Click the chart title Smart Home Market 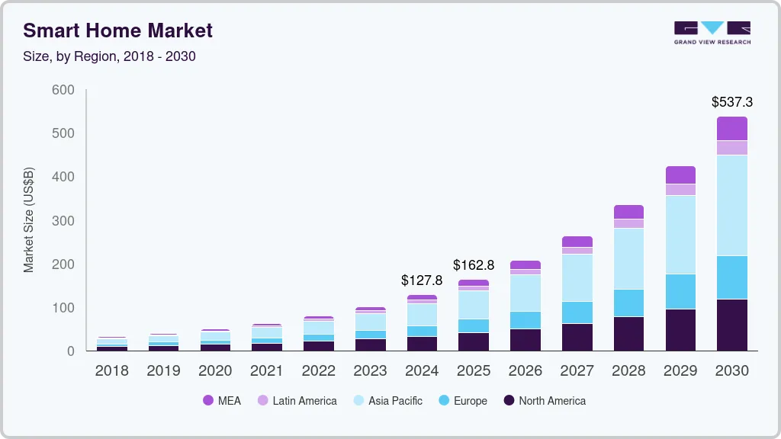pos(117,30)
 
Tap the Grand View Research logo pos(712,32)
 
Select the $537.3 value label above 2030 pos(731,101)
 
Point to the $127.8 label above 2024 pos(422,280)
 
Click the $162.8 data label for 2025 pos(473,265)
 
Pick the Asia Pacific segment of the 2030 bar pos(731,205)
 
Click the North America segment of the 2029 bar pos(680,329)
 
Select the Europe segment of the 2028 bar pos(628,303)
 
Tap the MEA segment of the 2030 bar pos(731,128)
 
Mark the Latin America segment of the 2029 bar pos(680,190)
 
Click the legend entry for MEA pos(221,400)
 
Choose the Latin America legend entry pos(297,400)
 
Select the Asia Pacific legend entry pos(387,400)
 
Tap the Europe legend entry pos(463,400)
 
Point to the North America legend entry pos(544,400)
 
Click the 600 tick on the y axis pos(63,90)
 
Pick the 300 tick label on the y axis pos(63,221)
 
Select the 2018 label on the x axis pos(111,371)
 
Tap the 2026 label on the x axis pos(525,371)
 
